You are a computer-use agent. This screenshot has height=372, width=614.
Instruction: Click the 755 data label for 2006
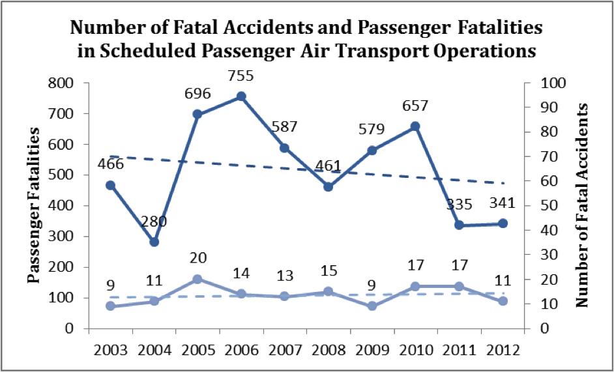click(241, 76)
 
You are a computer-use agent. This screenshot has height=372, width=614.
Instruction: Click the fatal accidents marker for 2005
click(197, 279)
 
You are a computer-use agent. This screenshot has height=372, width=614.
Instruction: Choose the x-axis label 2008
click(329, 350)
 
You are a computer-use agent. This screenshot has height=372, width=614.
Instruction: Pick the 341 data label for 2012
click(502, 203)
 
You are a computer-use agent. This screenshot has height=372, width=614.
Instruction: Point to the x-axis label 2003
click(110, 350)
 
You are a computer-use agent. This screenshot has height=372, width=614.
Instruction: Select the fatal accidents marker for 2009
click(372, 306)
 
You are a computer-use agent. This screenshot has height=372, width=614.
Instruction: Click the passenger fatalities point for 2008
click(329, 186)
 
